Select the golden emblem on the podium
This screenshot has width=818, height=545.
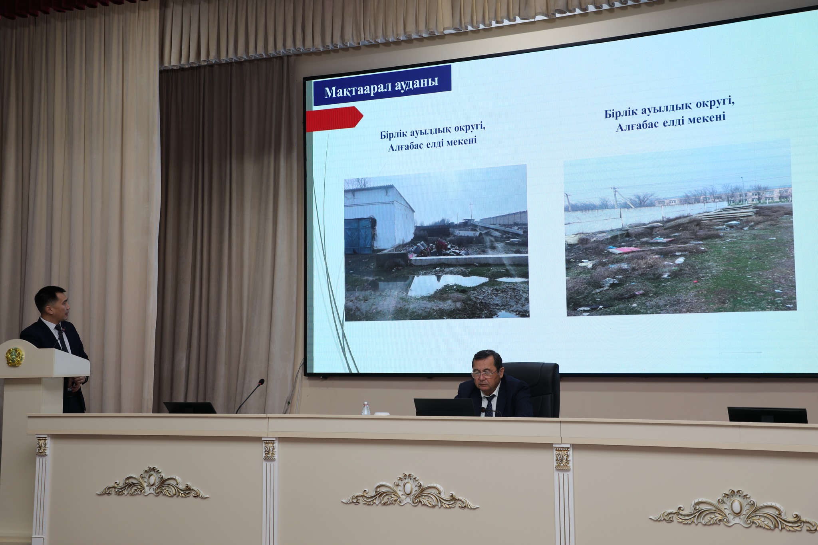click(x=15, y=356)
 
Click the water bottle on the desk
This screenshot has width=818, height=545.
click(x=365, y=408)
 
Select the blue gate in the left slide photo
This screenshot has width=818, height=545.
click(x=359, y=236)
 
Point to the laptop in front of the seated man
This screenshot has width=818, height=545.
click(x=444, y=407)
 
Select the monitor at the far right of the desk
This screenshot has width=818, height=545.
click(x=767, y=415)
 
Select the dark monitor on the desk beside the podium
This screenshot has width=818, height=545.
click(x=190, y=407)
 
